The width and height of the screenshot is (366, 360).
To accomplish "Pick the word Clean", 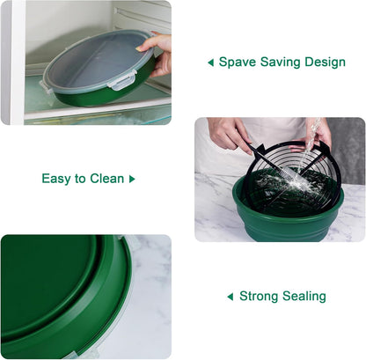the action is (x=107, y=179).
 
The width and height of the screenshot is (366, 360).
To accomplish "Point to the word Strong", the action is (x=257, y=297).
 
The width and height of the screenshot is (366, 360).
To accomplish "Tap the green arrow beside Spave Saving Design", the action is (x=210, y=62).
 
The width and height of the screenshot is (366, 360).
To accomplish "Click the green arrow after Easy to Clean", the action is (x=132, y=179).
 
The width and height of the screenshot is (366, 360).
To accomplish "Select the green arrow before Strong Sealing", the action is (x=231, y=297).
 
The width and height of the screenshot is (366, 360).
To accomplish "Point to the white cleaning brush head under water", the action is (x=288, y=175).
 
